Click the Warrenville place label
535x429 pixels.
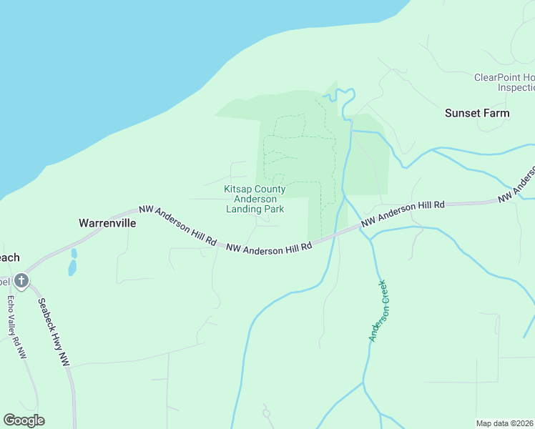pos(107,222)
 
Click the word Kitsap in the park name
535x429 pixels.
pos(238,189)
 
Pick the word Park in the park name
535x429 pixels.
pos(274,209)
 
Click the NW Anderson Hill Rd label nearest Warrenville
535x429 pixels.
pos(178,224)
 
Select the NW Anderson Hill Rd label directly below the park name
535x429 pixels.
pos(270,248)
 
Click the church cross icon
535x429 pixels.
pos(21,281)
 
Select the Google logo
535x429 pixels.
pos(24,420)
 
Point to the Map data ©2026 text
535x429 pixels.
pos(505,423)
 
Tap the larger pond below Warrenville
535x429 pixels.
pos(72,268)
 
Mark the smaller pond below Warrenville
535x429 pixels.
pos(74,253)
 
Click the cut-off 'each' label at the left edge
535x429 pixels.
pos(9,258)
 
